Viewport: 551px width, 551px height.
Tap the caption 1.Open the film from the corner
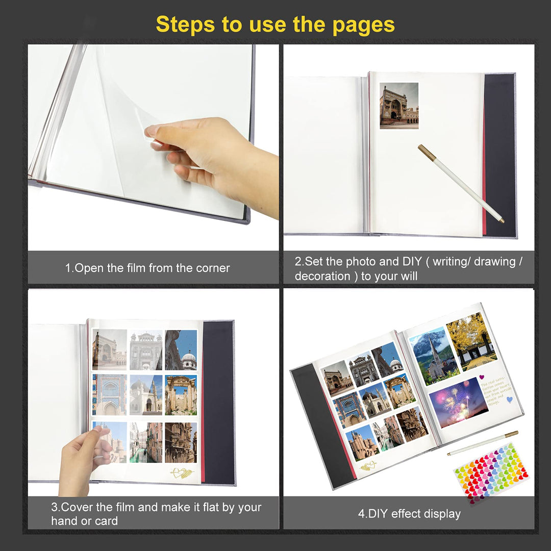tap(147, 268)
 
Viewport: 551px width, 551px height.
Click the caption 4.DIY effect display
tap(409, 513)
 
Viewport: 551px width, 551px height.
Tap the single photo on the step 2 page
tap(399, 106)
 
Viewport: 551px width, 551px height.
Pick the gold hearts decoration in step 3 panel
tap(182, 473)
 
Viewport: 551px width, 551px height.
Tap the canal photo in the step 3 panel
tap(145, 442)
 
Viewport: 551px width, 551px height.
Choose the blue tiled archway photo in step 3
tap(109, 395)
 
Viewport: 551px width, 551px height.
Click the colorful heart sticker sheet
tap(491, 472)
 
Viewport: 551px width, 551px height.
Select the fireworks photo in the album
tap(458, 402)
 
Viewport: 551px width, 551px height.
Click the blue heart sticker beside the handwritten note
tap(509, 399)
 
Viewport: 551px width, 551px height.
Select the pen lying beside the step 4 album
tap(482, 443)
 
